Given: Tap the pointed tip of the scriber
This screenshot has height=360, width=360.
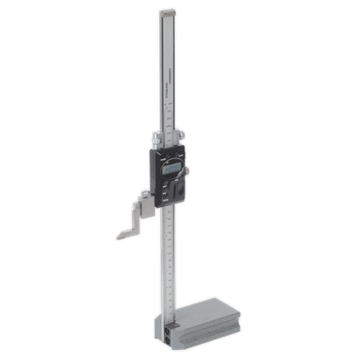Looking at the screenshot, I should click(x=118, y=237).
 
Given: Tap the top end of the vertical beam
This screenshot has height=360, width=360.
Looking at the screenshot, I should click(x=166, y=12).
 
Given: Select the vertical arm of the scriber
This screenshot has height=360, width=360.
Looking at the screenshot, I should click(x=134, y=222).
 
